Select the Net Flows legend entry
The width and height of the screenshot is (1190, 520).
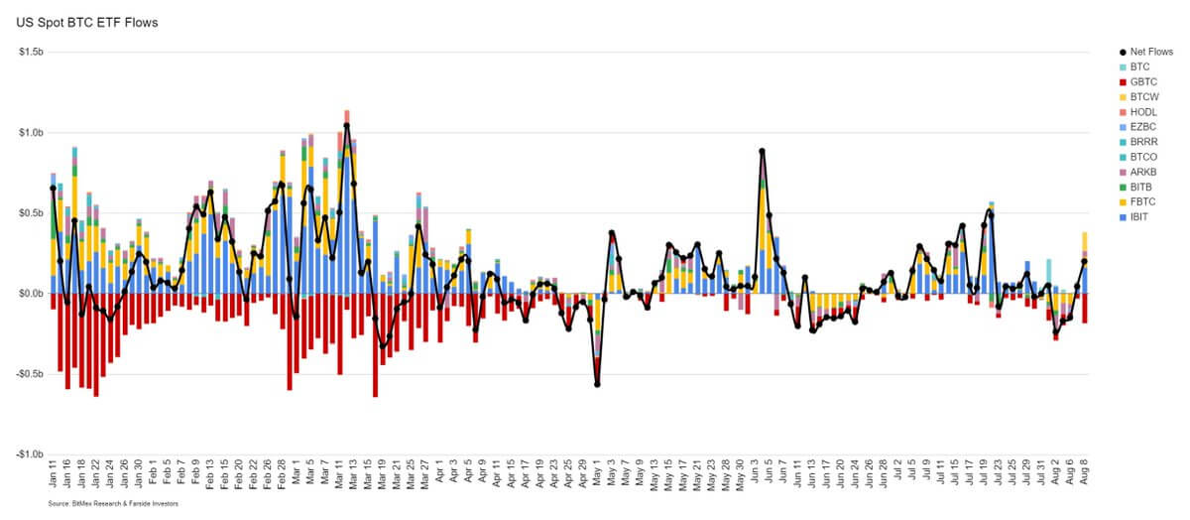(1150, 51)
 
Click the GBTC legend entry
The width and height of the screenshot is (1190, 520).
(1142, 81)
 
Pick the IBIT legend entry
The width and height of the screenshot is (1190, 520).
(1140, 216)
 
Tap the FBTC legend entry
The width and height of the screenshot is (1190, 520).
(1142, 201)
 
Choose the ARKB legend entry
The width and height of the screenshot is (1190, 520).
(1142, 172)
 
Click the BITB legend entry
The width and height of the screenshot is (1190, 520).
(1141, 187)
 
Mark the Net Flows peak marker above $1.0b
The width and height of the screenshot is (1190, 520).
(346, 126)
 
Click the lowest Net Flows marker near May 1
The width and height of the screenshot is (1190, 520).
(597, 384)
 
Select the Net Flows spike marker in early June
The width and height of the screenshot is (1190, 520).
(762, 151)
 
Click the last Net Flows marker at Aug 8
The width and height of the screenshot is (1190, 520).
(1084, 261)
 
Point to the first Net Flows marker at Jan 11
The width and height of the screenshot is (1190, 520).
(53, 188)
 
